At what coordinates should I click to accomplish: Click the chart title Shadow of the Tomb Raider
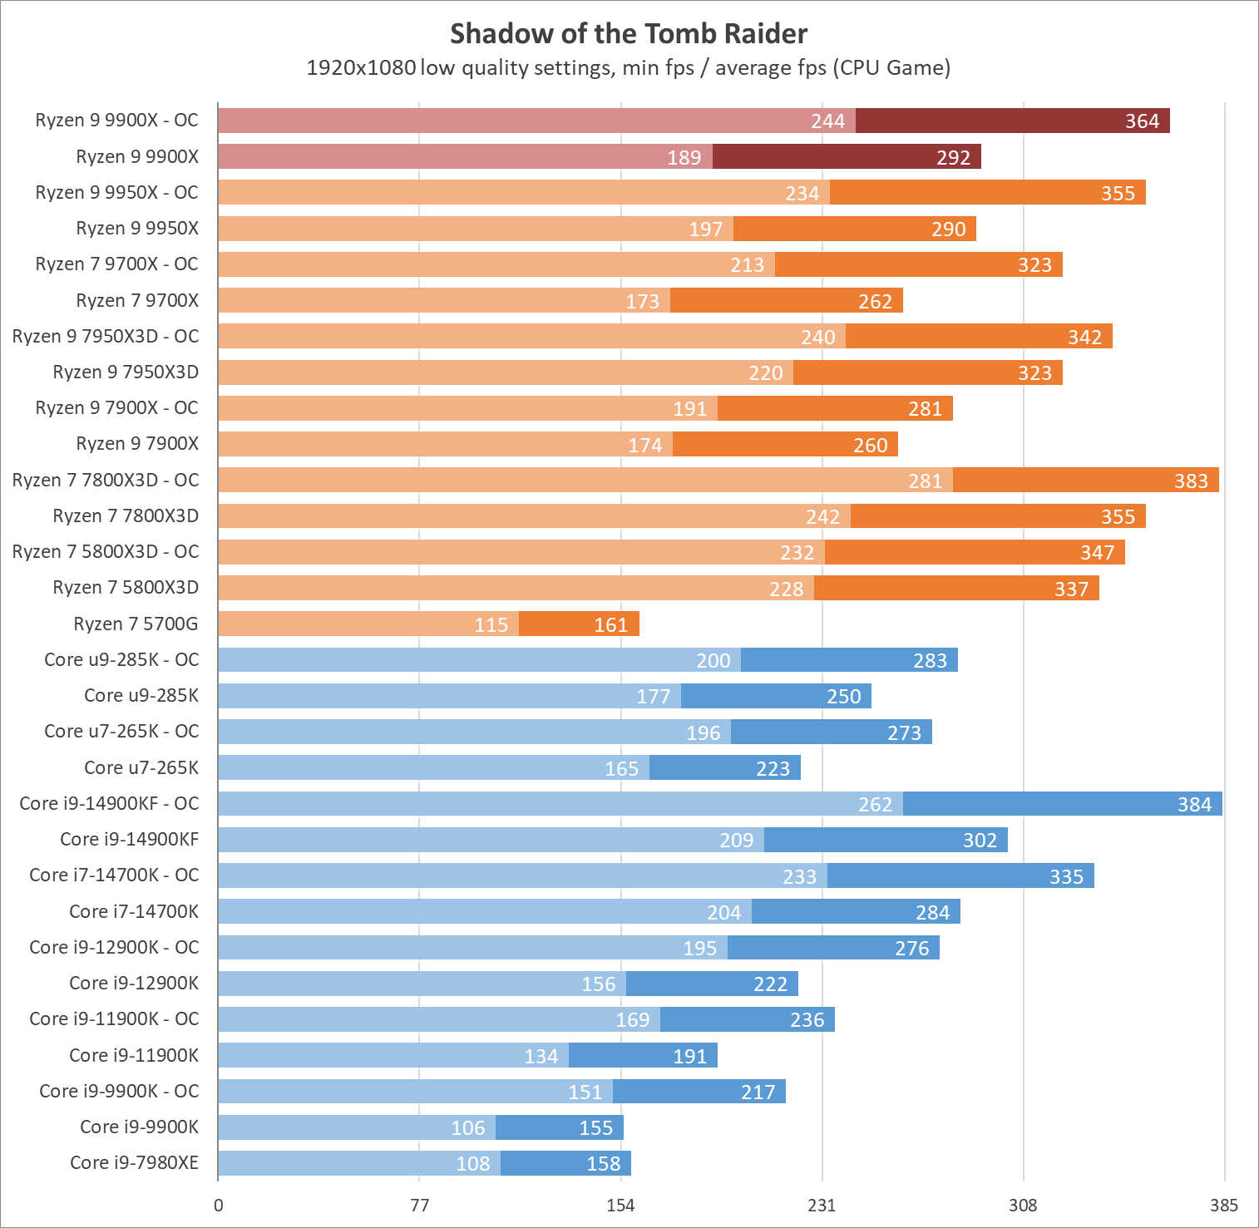[629, 34]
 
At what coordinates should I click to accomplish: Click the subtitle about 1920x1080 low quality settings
[629, 67]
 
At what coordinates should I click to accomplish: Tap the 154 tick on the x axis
[620, 1206]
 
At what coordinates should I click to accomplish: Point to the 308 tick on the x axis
[1023, 1206]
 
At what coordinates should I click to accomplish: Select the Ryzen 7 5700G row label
[136, 624]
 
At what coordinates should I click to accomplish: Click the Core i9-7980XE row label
[134, 1162]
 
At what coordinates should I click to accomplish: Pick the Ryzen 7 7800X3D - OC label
[106, 480]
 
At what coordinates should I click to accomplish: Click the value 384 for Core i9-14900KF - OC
[1194, 804]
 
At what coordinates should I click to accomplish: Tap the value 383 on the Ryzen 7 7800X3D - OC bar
[1191, 481]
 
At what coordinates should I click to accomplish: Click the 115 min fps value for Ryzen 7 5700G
[491, 624]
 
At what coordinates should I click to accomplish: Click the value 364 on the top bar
[1142, 121]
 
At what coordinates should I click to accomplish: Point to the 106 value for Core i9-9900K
[467, 1127]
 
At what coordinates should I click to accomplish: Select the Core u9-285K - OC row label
[121, 659]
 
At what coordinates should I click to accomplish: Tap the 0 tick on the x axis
[219, 1206]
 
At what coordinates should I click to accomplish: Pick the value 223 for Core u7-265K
[773, 768]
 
